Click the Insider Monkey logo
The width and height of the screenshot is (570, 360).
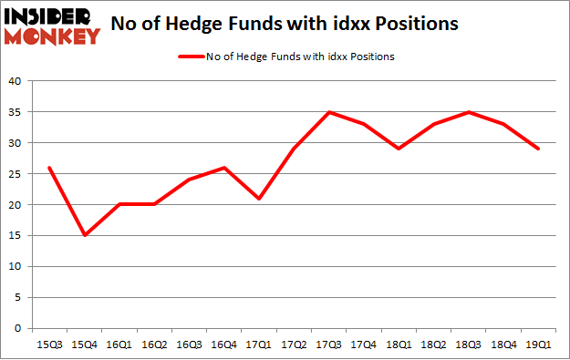52,26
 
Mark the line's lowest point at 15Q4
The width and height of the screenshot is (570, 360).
84,235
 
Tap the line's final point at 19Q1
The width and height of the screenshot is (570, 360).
538,149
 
